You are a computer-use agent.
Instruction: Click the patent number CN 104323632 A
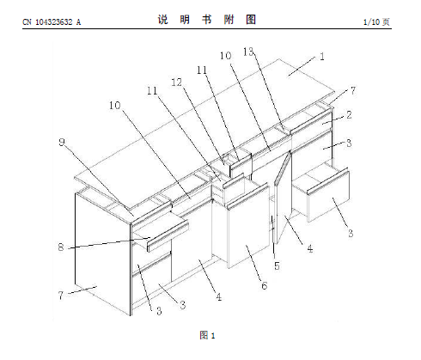52,22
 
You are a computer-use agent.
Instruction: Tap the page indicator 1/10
371,22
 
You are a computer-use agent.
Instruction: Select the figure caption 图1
207,335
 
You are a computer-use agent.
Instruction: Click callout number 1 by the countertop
322,57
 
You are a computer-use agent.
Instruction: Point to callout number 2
349,115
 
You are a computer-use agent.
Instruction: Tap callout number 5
277,265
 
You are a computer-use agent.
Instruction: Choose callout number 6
264,285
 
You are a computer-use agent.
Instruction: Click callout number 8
61,247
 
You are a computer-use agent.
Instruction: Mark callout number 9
62,142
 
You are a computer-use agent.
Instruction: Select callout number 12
177,82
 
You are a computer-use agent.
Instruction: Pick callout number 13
248,52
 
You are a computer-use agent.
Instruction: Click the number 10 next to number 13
225,56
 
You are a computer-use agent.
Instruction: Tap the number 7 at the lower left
60,295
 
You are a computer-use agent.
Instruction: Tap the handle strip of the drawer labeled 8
168,235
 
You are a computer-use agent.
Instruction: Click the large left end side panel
102,253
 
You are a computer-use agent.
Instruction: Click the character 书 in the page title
206,20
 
